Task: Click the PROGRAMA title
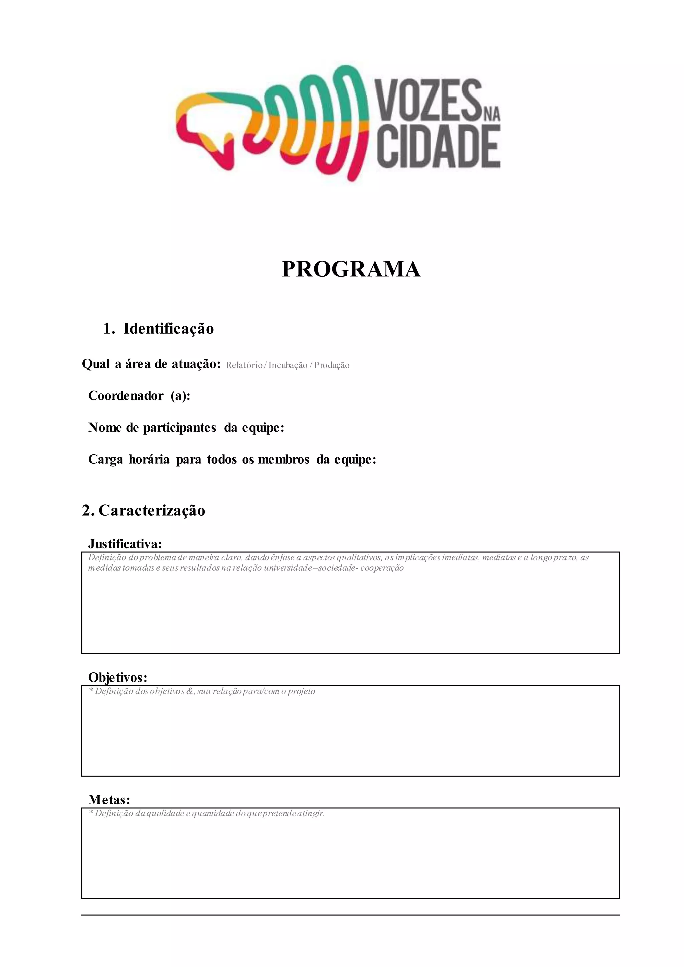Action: [351, 269]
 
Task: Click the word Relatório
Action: [244, 365]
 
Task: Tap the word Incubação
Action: [288, 365]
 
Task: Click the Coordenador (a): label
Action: [139, 396]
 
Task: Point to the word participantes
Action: [179, 428]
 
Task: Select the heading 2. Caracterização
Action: [144, 511]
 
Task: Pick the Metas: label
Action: [109, 799]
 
